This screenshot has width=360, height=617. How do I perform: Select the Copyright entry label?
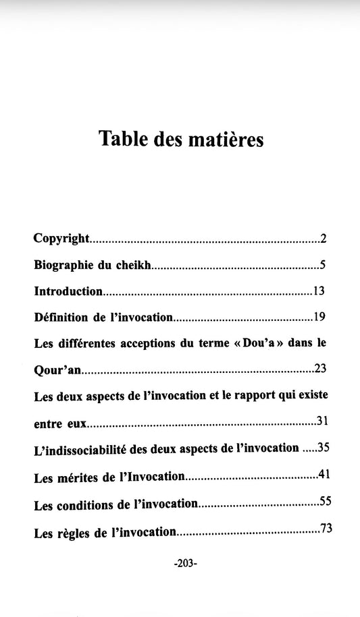61,239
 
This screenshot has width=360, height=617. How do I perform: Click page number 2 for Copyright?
324,238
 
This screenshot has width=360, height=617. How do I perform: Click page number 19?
320,316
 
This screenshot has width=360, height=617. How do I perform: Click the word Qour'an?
56,370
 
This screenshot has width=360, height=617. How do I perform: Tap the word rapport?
260,396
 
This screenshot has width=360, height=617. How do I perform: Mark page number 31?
322,421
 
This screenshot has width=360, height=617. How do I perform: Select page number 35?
322,447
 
